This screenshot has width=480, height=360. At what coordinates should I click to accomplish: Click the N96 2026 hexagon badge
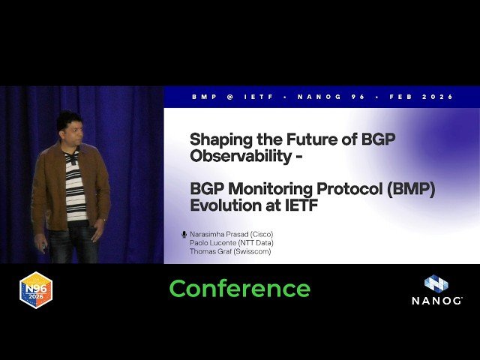click(35, 291)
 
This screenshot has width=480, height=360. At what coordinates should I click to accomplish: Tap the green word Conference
click(239, 289)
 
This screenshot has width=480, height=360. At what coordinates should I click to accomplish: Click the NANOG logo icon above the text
click(436, 283)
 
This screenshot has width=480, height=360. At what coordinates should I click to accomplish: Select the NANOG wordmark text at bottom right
click(436, 301)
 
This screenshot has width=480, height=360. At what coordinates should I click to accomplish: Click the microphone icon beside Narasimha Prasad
click(184, 234)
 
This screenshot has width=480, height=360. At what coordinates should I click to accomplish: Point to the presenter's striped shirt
click(75, 187)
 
